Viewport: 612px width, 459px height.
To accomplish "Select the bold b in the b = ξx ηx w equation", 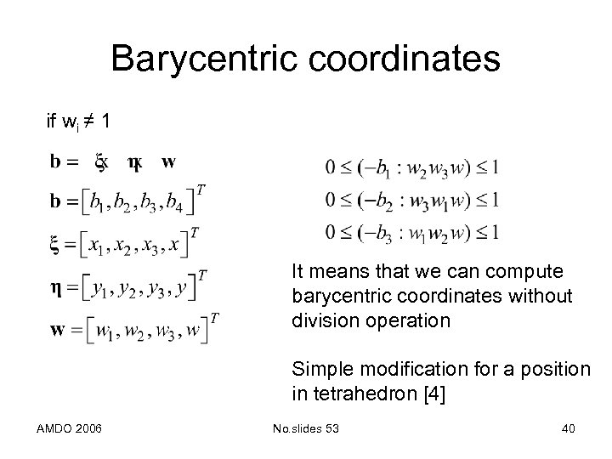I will coord(55,161).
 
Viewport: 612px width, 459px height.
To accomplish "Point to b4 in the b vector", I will coord(176,202).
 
